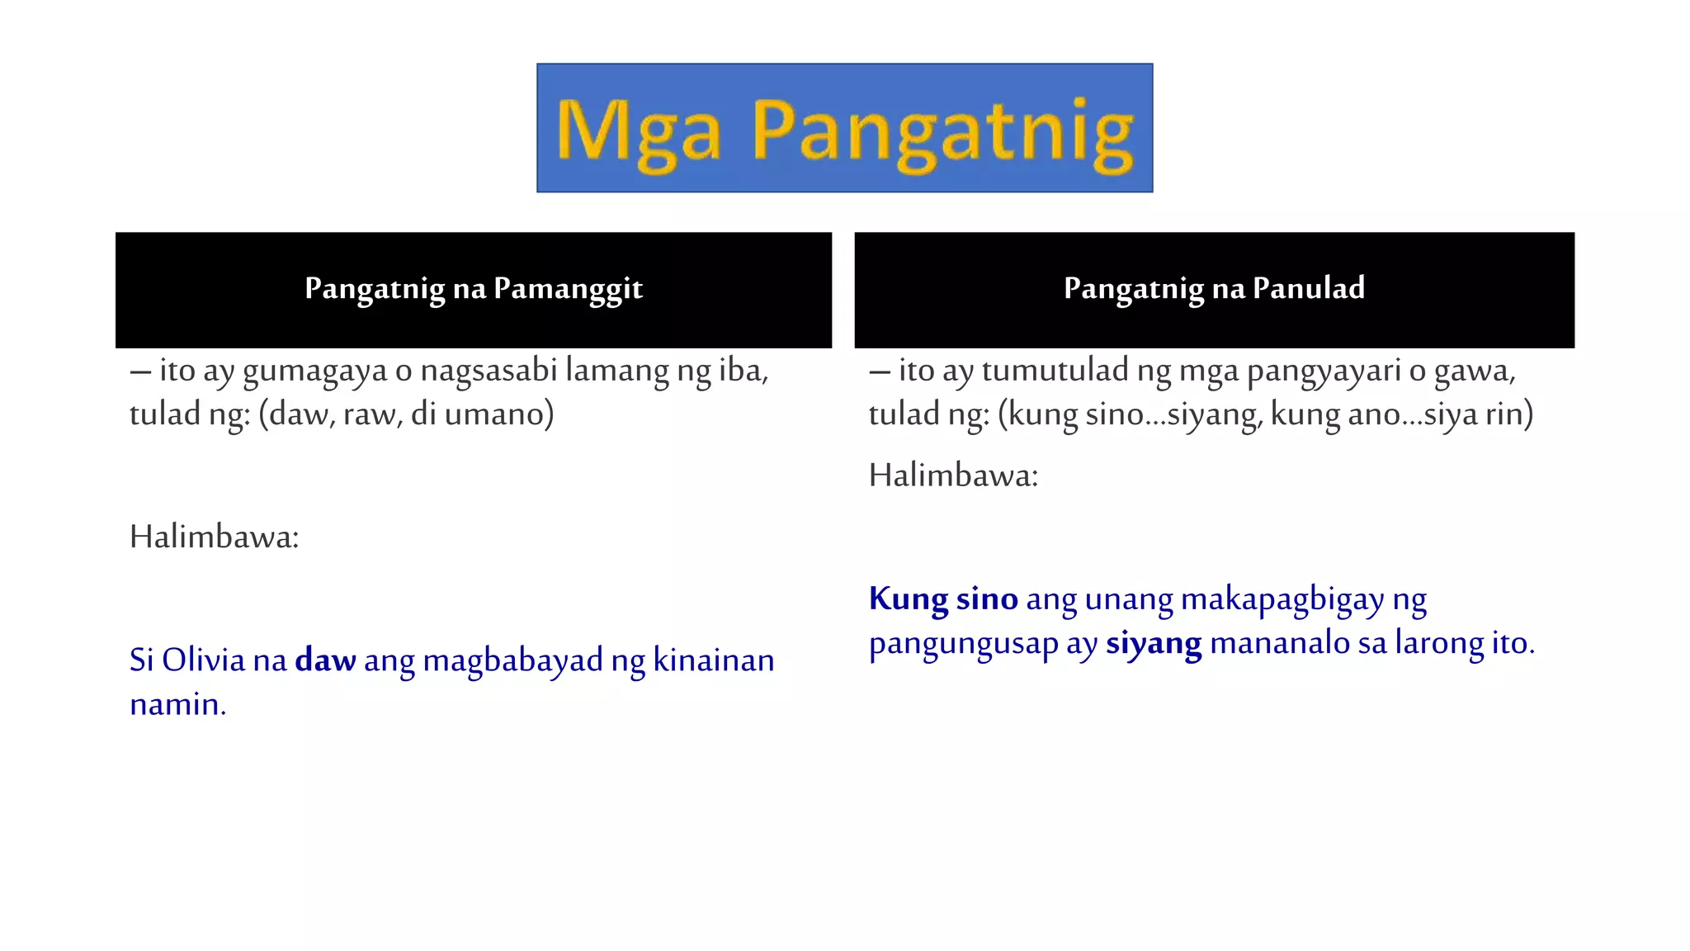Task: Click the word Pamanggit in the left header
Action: pos(568,289)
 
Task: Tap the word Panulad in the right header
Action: pos(1308,289)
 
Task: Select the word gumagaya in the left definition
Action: pos(314,371)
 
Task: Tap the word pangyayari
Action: pos(1324,371)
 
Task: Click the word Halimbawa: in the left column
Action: pos(215,537)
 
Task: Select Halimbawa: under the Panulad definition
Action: pos(953,475)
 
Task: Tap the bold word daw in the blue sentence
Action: pos(325,660)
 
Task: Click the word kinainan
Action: pos(714,660)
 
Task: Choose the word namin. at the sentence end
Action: pos(177,705)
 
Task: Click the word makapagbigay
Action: pos(1282,600)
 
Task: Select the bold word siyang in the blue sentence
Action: pos(1154,644)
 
